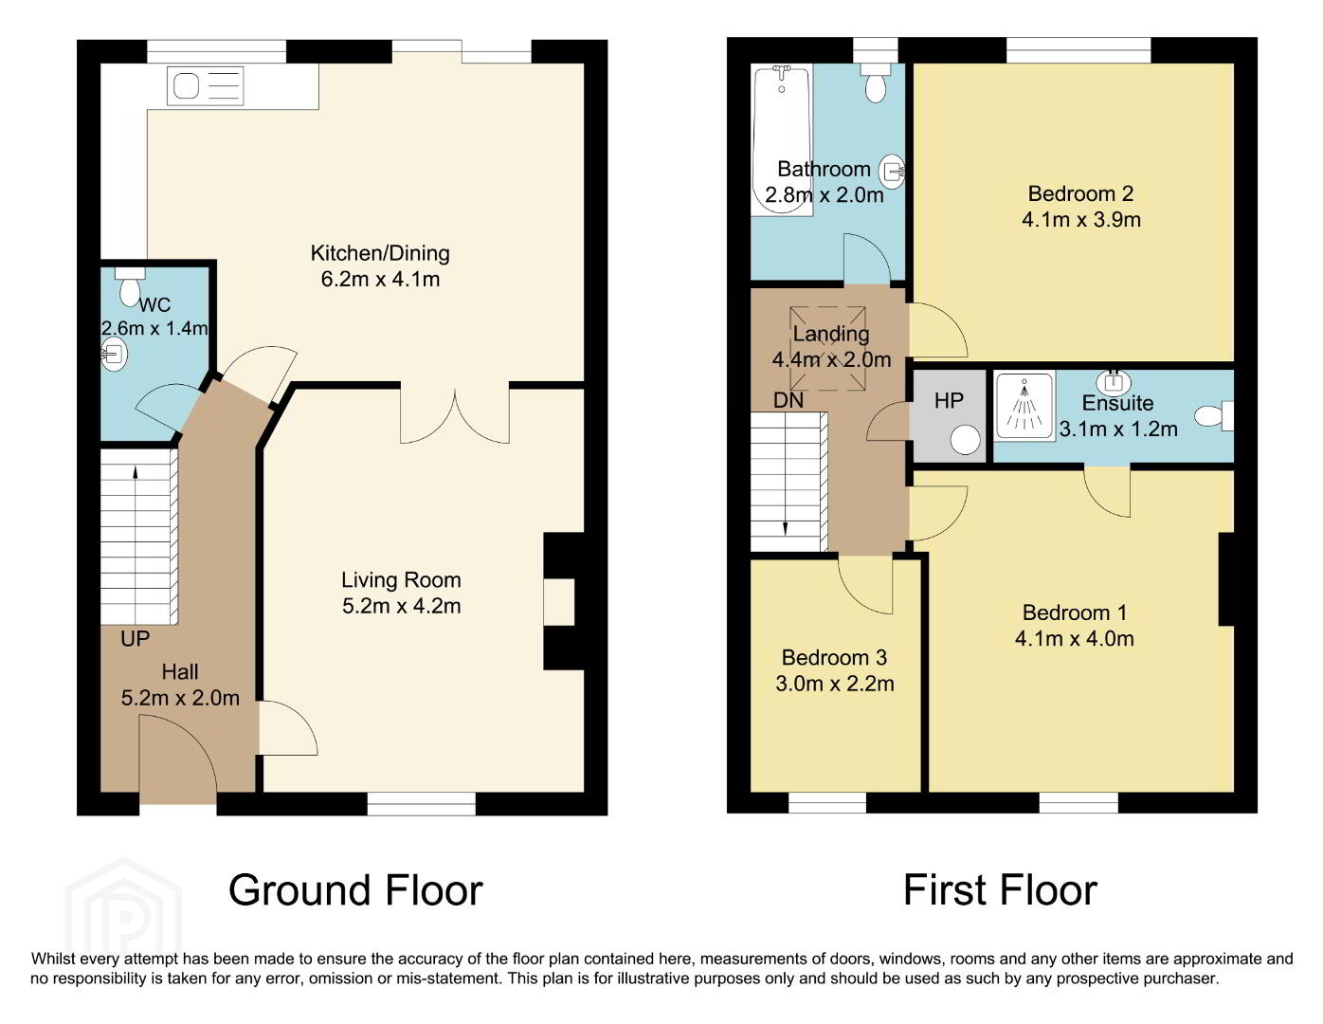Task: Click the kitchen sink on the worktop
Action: pos(205,86)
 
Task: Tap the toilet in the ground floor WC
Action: pos(130,287)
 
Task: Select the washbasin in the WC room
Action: pos(114,354)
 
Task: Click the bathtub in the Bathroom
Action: pos(783,140)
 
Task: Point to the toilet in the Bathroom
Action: pos(876,83)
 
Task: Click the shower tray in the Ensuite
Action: pos(1024,406)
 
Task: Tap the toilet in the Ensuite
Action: pos(1213,416)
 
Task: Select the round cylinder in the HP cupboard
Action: pos(965,439)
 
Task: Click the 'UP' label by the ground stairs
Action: pos(136,639)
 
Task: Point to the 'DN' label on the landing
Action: pos(788,400)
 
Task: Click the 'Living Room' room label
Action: pos(401,580)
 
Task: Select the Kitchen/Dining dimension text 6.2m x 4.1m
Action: pos(381,279)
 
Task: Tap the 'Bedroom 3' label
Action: pos(834,657)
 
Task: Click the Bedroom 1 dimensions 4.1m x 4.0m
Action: pos(1075,638)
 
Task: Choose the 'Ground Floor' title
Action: pos(355,890)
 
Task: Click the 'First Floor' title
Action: pos(1000,890)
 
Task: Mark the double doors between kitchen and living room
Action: pos(455,414)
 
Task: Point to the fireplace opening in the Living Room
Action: pos(559,602)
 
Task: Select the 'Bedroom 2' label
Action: pos(1080,193)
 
